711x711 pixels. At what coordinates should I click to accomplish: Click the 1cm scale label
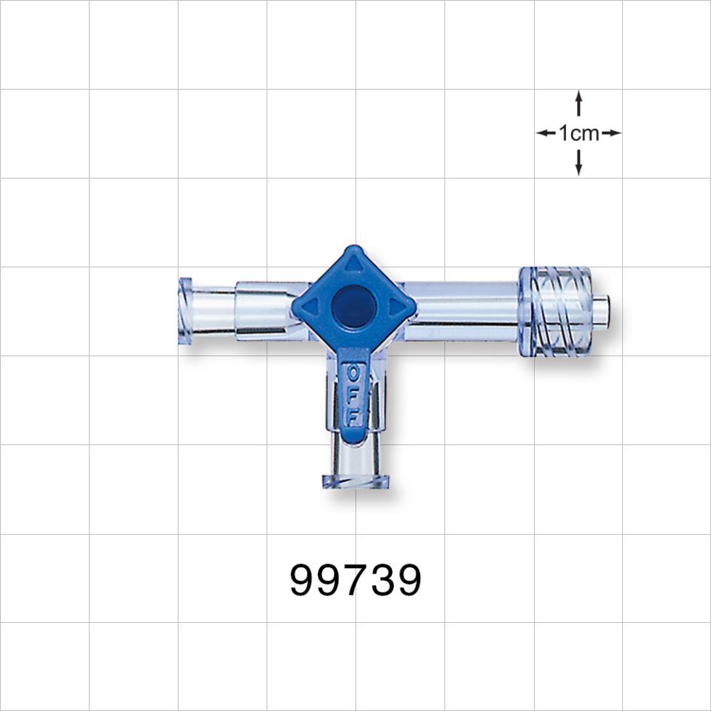click(578, 133)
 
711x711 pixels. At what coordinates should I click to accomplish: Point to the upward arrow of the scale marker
click(578, 102)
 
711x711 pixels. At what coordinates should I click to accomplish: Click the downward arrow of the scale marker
click(578, 164)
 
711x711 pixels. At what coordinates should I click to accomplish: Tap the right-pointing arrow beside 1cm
click(611, 133)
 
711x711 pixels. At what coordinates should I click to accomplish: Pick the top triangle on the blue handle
click(354, 263)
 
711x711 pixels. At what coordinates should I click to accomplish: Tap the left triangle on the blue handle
click(310, 307)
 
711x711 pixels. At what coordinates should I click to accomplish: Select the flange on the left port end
click(184, 311)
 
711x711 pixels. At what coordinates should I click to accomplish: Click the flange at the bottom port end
click(355, 482)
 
